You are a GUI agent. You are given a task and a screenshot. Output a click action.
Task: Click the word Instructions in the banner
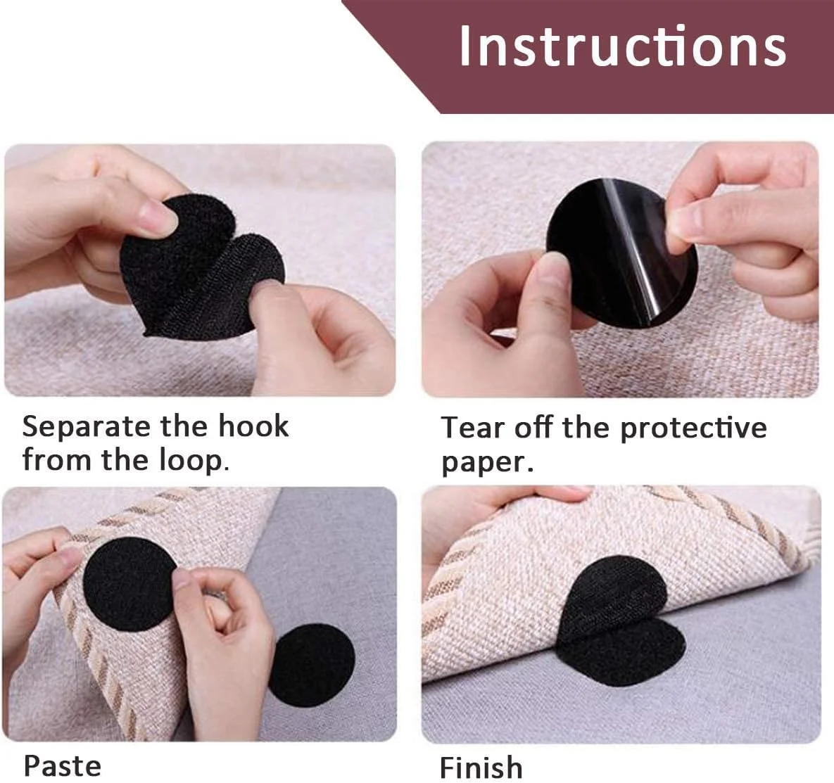pos(622,46)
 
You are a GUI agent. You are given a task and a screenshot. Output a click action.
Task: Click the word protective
pos(693,428)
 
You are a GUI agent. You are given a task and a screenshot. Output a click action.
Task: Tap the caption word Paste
pos(62,766)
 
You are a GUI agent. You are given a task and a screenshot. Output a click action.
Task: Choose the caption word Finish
pos(481,767)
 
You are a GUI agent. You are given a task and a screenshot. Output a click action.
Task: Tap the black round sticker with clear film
pos(621,253)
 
